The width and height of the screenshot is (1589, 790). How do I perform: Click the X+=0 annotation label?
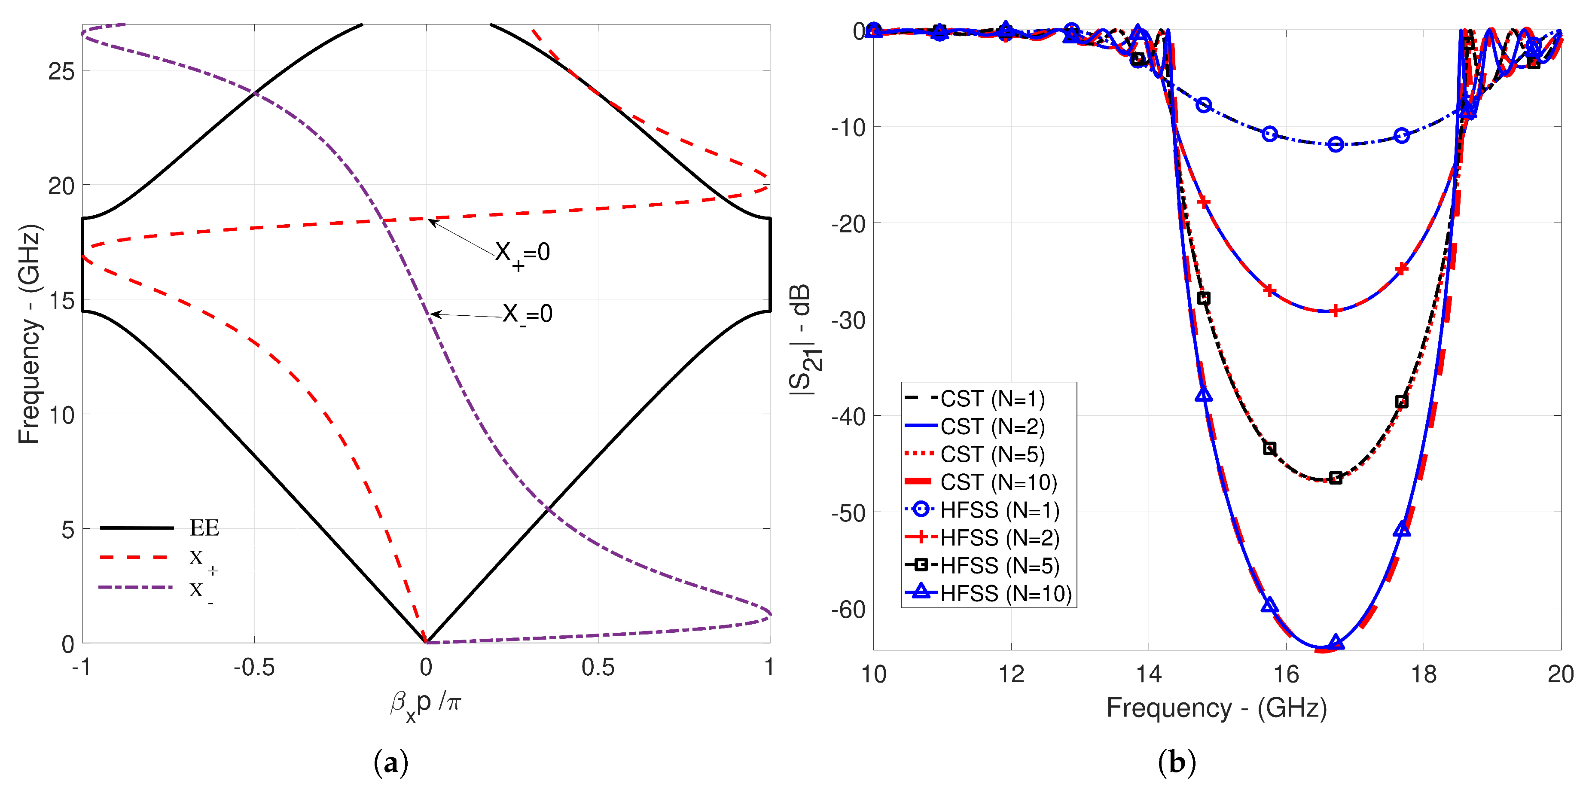point(522,253)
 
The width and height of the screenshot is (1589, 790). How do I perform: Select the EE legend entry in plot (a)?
point(204,528)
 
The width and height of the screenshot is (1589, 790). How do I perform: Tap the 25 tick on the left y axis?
point(61,72)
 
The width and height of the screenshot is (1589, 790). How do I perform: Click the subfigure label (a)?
point(391,763)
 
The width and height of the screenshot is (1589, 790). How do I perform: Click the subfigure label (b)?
point(1177,763)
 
